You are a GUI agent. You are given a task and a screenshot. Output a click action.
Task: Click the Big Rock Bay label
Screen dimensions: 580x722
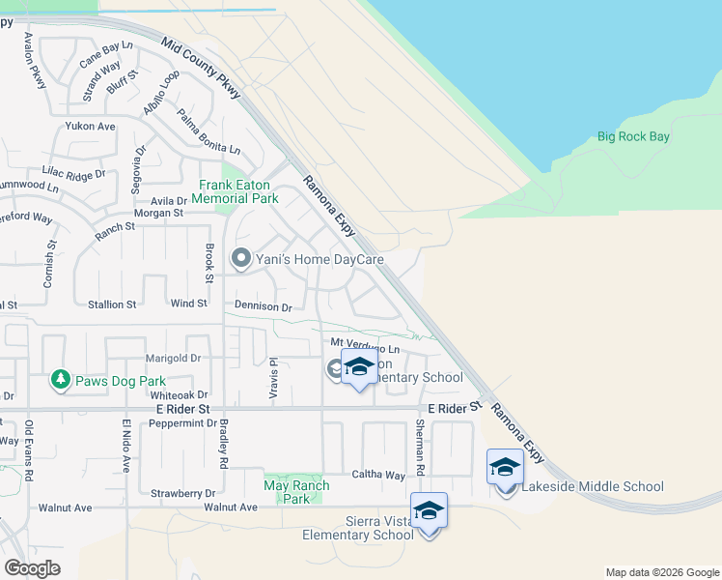pos(632,137)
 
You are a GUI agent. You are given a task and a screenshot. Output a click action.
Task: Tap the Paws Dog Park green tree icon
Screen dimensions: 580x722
pos(61,379)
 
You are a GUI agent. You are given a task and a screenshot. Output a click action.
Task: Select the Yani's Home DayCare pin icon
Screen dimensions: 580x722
pos(240,258)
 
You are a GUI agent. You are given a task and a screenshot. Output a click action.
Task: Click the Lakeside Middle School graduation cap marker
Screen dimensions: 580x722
pos(505,468)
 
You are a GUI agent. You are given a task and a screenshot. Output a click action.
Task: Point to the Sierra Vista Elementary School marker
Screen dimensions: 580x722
pos(429,511)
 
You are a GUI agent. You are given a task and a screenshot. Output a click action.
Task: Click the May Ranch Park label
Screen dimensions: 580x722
pos(297,492)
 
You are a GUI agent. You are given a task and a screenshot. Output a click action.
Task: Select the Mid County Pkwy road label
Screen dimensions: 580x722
pos(203,69)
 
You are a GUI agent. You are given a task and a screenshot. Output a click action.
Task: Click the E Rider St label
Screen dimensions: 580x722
pos(184,410)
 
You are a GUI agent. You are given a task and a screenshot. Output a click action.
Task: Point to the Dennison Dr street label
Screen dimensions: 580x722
pos(264,306)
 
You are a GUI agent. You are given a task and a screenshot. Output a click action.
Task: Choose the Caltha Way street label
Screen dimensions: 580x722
pos(380,476)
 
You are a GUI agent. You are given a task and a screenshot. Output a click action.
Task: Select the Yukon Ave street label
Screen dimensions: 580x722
pos(90,127)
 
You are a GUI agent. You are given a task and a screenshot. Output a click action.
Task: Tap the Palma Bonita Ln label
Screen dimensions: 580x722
pos(208,132)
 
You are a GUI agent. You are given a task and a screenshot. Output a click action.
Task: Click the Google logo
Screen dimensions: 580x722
pos(33,568)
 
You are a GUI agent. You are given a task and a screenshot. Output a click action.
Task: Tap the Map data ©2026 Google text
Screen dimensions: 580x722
pos(661,572)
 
